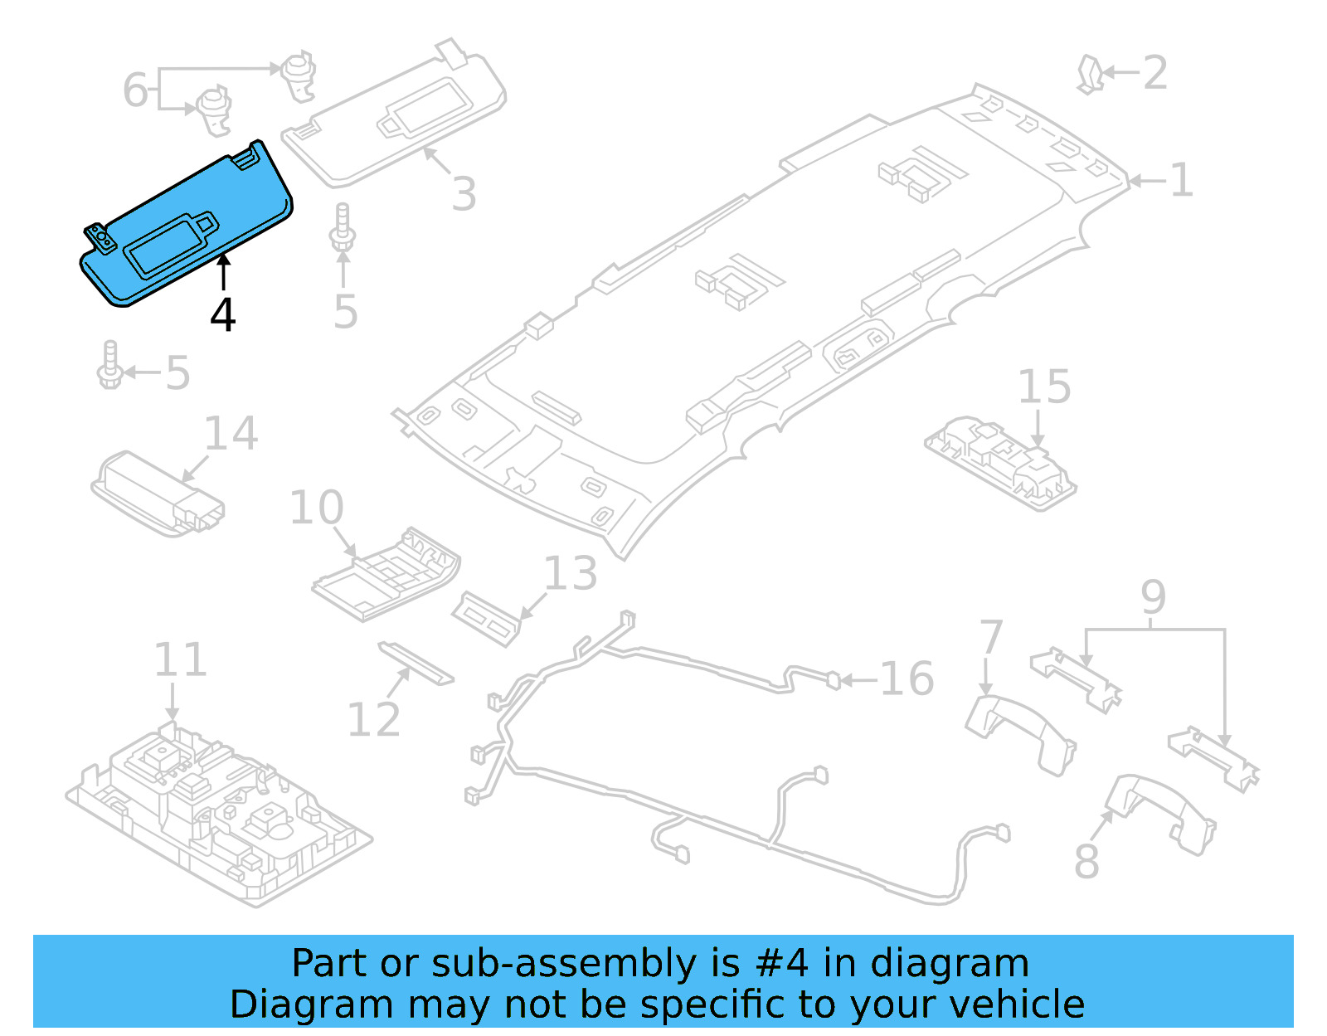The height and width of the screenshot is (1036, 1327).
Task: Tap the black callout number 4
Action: (x=222, y=315)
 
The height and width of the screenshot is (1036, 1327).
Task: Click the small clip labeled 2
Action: (x=1090, y=74)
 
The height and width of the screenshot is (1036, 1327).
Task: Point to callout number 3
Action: (x=464, y=194)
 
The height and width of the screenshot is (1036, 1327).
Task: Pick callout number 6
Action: (x=135, y=90)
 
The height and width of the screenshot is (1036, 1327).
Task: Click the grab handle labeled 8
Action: (x=1161, y=813)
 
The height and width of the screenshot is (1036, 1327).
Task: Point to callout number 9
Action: (x=1153, y=597)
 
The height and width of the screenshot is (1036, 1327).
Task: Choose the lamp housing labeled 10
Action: (x=386, y=573)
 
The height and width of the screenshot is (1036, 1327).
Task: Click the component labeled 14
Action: (x=158, y=494)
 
